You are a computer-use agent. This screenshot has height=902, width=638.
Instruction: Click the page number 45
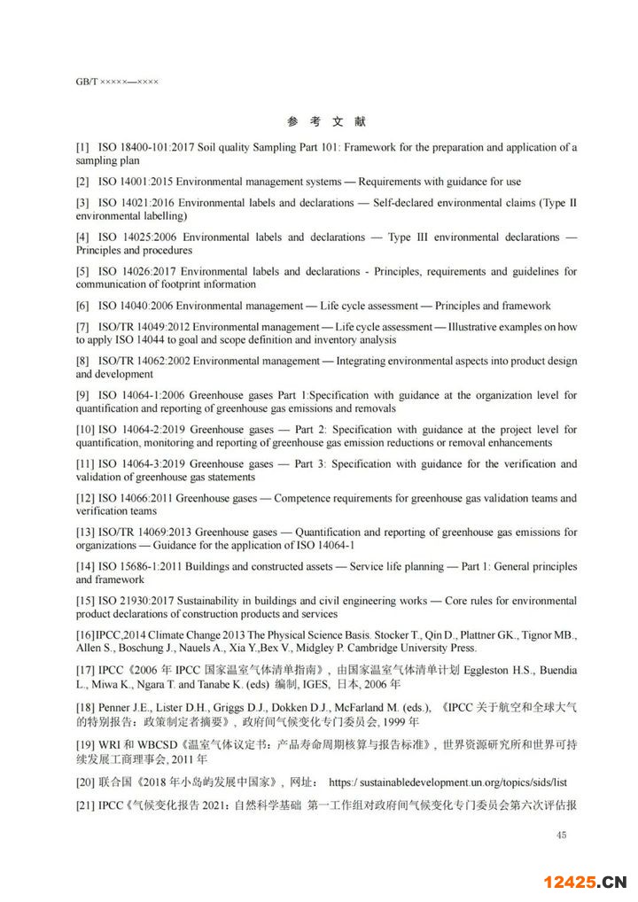[560, 834]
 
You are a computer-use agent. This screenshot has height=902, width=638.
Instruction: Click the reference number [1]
[82, 147]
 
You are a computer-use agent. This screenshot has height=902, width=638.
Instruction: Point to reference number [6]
[82, 306]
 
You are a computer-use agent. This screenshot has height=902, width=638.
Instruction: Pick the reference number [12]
[85, 498]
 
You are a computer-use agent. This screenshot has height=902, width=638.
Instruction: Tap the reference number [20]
[85, 783]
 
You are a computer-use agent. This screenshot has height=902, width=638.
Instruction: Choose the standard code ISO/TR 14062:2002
[143, 361]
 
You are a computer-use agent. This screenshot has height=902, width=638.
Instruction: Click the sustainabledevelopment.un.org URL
[460, 783]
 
